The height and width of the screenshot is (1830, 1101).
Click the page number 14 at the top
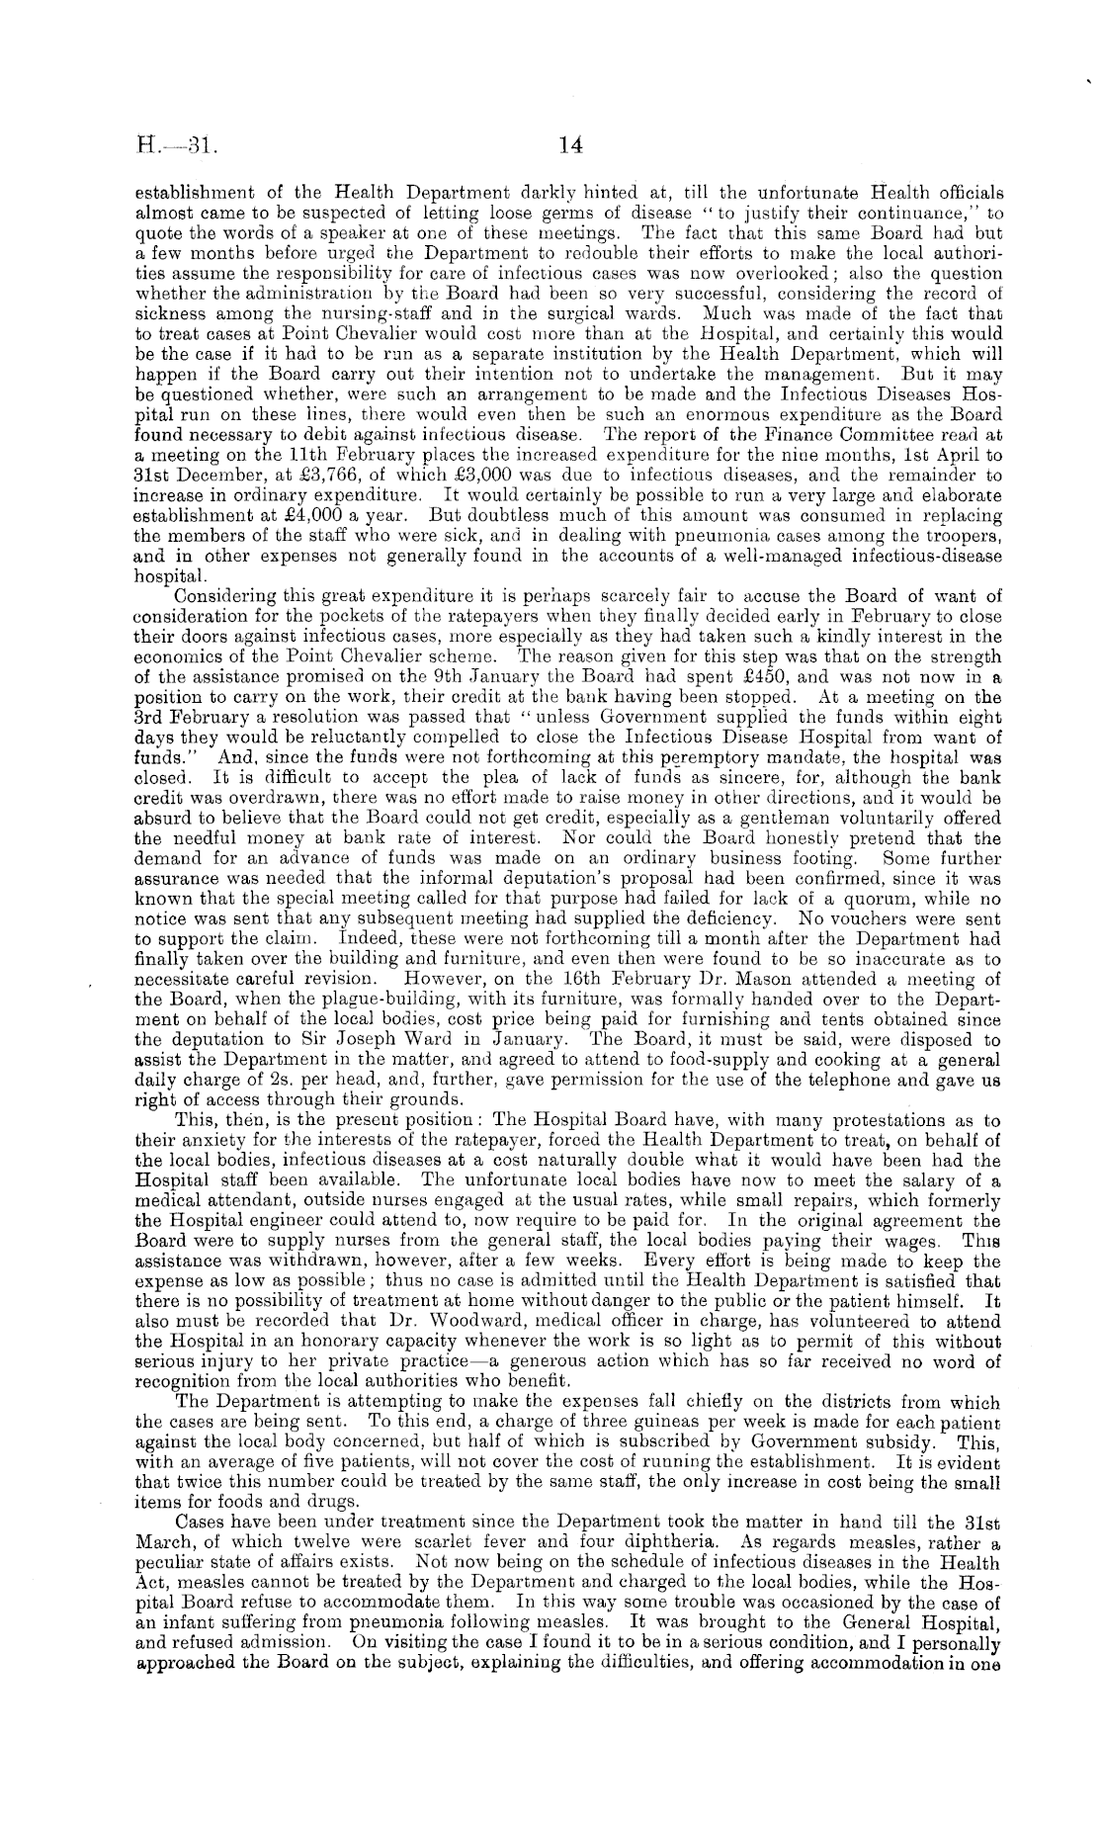pos(570,145)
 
